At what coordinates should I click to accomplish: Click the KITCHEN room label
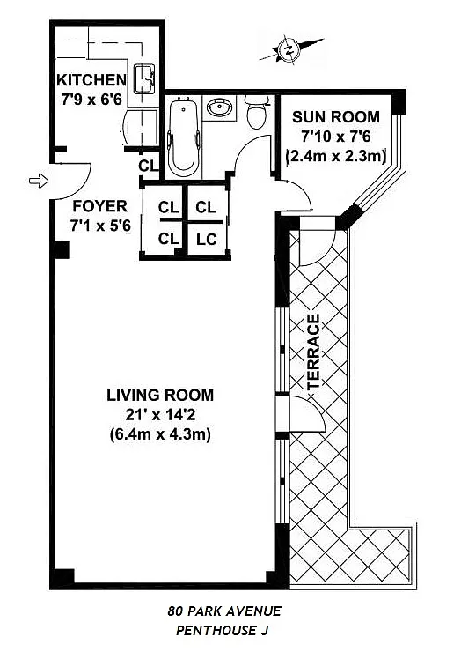91,79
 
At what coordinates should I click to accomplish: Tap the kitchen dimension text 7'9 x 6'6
91,100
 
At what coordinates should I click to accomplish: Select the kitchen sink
144,78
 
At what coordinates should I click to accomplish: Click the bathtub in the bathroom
184,137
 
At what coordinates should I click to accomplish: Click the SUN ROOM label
335,117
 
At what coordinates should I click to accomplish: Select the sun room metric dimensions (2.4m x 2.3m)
336,156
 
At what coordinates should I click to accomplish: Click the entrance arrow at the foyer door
39,181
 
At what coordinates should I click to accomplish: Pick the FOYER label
99,206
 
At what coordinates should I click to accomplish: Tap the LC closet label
207,239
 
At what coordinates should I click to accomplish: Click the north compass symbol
289,50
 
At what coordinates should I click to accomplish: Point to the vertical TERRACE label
313,352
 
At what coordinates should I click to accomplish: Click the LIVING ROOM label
160,395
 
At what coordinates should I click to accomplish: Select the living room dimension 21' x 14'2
160,415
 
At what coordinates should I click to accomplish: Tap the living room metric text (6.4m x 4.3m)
160,434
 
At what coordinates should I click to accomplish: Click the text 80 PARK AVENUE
224,611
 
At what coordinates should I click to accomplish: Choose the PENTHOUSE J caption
223,630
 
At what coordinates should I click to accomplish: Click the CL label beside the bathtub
149,166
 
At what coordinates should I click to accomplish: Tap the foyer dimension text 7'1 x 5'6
100,226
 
